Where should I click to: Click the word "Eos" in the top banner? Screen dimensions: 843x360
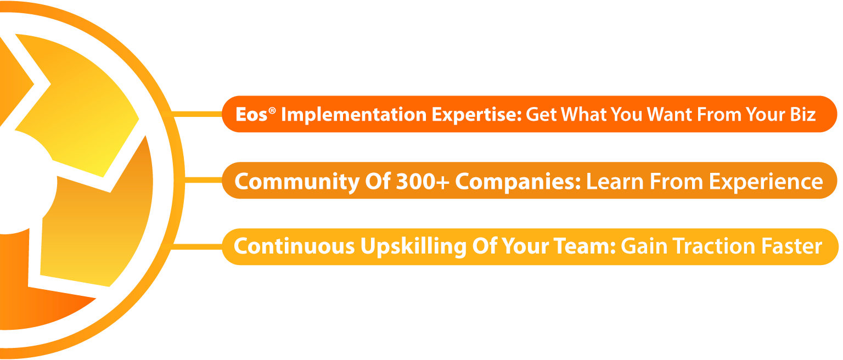click(x=251, y=114)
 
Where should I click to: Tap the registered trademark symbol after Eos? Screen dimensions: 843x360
click(x=272, y=110)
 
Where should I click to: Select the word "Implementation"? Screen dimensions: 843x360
click(x=354, y=115)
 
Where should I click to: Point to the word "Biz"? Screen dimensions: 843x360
click(x=803, y=114)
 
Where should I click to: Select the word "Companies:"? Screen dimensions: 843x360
click(x=518, y=182)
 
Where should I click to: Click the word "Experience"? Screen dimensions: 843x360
click(x=766, y=182)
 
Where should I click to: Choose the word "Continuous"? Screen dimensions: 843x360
click(x=294, y=246)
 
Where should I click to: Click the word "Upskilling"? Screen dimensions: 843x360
click(x=413, y=247)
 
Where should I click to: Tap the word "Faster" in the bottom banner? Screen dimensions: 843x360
click(x=791, y=246)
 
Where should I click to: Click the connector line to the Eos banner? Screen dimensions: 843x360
click(x=197, y=114)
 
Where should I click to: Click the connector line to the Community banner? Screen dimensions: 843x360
click(x=203, y=180)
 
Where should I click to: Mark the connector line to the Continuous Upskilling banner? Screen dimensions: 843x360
click(x=196, y=247)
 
